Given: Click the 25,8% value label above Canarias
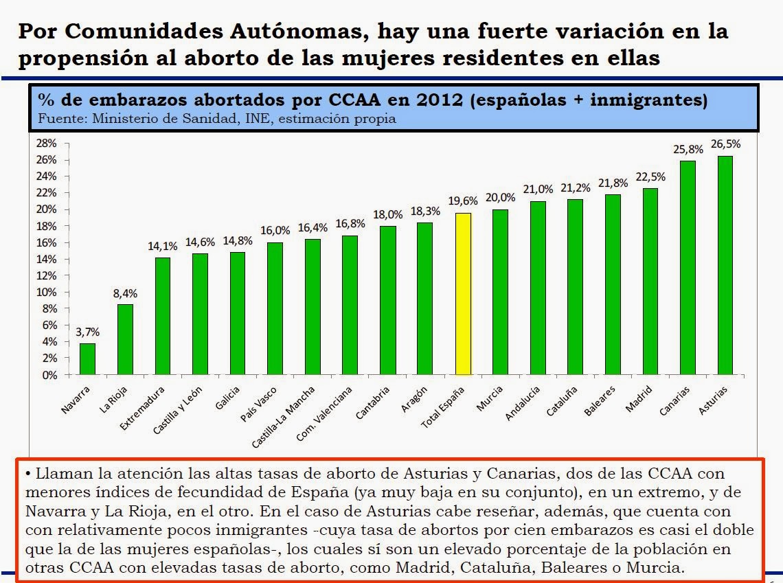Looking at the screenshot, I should (688, 149).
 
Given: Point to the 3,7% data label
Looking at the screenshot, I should (88, 332).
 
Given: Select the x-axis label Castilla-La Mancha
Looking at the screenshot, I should (283, 418).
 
